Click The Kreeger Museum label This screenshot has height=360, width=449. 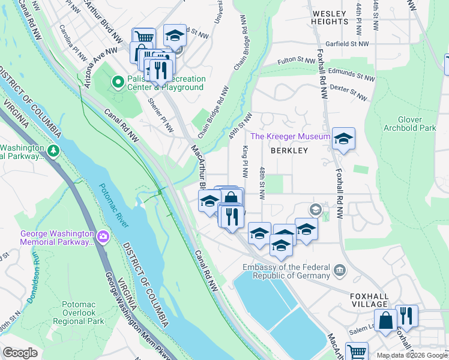[x=290, y=137]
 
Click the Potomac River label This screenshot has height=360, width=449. [x=114, y=206]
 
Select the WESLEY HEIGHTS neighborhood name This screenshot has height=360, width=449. [x=329, y=17]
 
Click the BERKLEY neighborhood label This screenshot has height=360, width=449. [x=289, y=151]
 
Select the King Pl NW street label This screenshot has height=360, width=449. [x=246, y=161]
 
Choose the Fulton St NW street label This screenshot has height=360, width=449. [x=297, y=61]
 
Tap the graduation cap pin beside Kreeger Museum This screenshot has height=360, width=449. [x=343, y=139]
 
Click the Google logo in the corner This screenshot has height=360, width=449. [x=20, y=352]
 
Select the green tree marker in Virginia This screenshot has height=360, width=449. [x=53, y=149]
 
